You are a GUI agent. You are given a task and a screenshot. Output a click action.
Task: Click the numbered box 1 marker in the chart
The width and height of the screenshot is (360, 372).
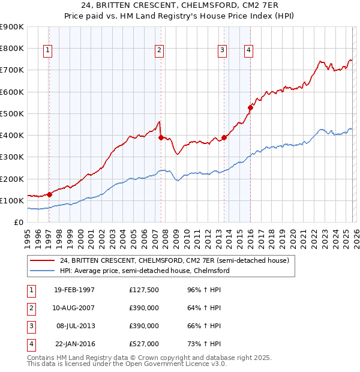point(48,51)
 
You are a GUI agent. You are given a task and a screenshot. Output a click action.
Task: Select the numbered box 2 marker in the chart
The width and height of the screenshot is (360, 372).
point(159,51)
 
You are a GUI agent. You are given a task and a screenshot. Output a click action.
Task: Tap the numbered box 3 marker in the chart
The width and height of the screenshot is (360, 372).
point(222,51)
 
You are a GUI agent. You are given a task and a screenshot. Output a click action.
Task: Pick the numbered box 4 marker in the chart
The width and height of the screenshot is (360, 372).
point(248,51)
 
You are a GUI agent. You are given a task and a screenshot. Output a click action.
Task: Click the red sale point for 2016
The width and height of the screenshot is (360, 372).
point(251,108)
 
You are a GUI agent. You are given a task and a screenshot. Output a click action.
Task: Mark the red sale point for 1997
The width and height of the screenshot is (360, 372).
point(49,194)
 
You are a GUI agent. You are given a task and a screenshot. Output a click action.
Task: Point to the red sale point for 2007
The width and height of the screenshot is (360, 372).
point(161,137)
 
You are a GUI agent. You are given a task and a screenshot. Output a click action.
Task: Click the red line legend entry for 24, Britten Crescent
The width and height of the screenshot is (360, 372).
point(175,260)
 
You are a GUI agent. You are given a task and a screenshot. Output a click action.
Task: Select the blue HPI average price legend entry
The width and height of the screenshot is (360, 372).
point(145,271)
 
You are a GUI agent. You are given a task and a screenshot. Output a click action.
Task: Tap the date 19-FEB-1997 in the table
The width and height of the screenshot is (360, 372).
point(74,290)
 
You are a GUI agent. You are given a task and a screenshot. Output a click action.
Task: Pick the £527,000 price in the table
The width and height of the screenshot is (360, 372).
point(144,344)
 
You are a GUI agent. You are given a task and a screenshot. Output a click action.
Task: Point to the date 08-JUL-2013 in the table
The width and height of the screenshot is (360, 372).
point(74,326)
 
